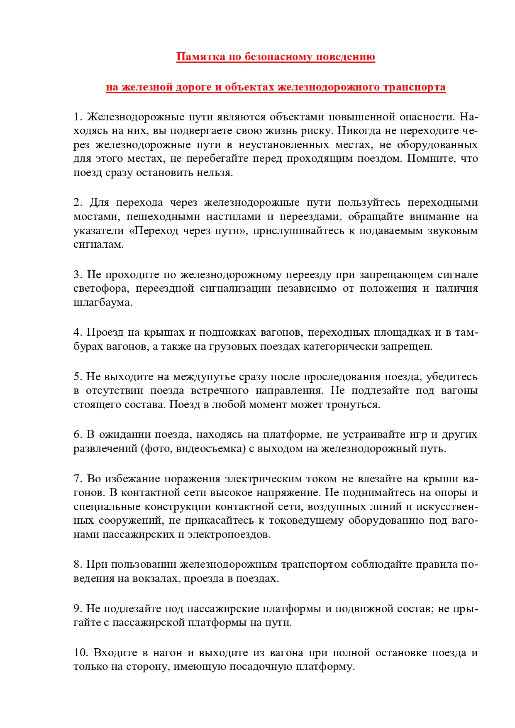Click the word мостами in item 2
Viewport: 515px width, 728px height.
[97, 217]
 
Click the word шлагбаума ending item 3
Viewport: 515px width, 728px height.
[103, 303]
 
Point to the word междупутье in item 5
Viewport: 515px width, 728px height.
[203, 377]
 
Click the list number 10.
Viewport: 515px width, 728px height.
[81, 653]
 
